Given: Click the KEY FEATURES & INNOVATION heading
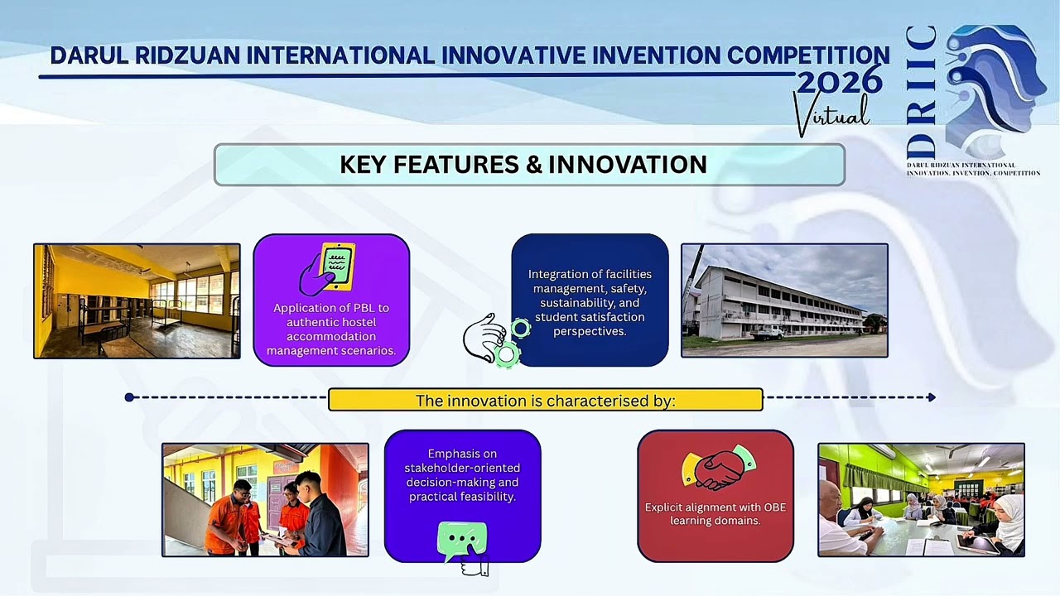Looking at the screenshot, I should [x=523, y=165].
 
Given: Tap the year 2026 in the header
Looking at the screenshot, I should [x=839, y=80].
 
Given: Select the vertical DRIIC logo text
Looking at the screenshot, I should [x=921, y=93].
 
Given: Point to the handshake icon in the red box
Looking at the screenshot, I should [x=718, y=469].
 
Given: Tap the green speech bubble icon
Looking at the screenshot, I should [x=462, y=541].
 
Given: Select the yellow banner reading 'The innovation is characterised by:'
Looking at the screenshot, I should [x=545, y=401].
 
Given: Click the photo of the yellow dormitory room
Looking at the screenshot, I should [x=137, y=300].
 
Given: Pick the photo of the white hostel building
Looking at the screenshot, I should [x=783, y=300].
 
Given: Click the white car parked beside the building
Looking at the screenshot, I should [x=768, y=332].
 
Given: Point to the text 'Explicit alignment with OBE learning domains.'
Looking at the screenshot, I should [x=715, y=514].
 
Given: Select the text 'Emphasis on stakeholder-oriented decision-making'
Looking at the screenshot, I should [x=462, y=468].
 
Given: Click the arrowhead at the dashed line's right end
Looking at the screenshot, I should [x=932, y=397].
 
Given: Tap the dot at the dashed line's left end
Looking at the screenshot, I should [x=129, y=397].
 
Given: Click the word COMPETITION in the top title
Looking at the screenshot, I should [x=807, y=55].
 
